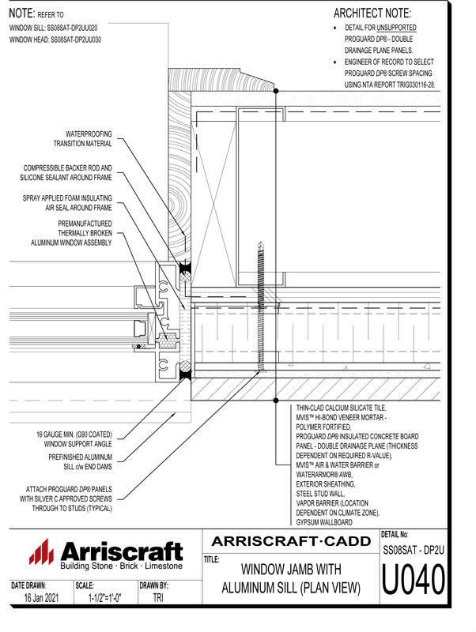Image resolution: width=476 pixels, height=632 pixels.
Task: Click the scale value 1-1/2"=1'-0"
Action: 103,600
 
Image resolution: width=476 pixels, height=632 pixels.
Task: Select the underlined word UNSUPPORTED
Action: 394,28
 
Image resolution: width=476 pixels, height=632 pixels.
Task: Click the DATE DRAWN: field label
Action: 29,586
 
